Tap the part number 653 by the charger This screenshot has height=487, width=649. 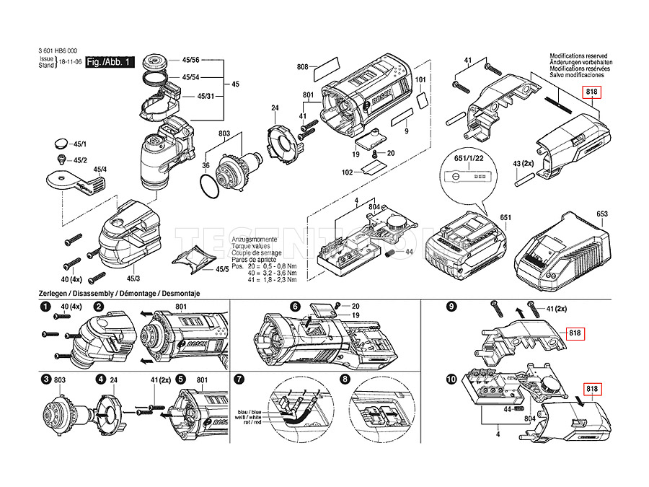click(603, 214)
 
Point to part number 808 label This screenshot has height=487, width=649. click(302, 67)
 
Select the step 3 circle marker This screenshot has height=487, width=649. click(45, 379)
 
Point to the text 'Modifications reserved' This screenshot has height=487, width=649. click(578, 56)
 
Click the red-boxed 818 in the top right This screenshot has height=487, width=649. click(592, 92)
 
